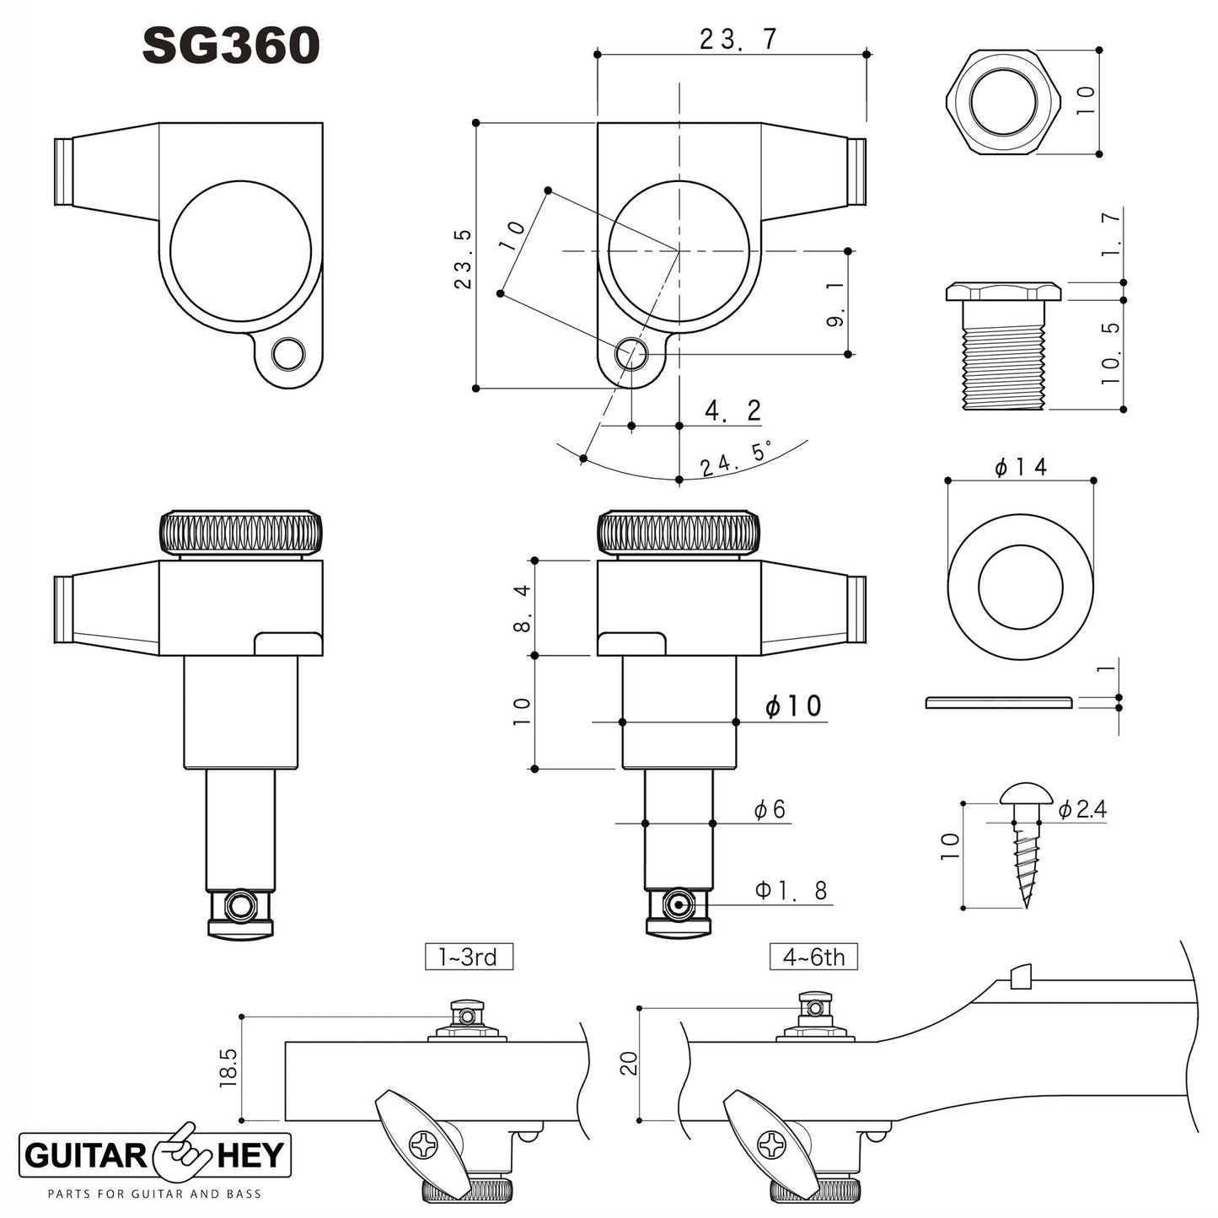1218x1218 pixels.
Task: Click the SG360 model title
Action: click(231, 46)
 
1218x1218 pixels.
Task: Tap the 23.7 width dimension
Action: click(738, 40)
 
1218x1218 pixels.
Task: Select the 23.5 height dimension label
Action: click(464, 259)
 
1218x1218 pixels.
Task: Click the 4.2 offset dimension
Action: click(732, 411)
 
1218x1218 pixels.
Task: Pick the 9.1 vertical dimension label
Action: click(834, 304)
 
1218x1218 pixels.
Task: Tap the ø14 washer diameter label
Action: click(1020, 467)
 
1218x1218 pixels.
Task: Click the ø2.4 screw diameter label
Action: click(1082, 810)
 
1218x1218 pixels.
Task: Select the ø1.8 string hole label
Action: click(791, 890)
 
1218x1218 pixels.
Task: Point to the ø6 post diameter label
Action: click(770, 809)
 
